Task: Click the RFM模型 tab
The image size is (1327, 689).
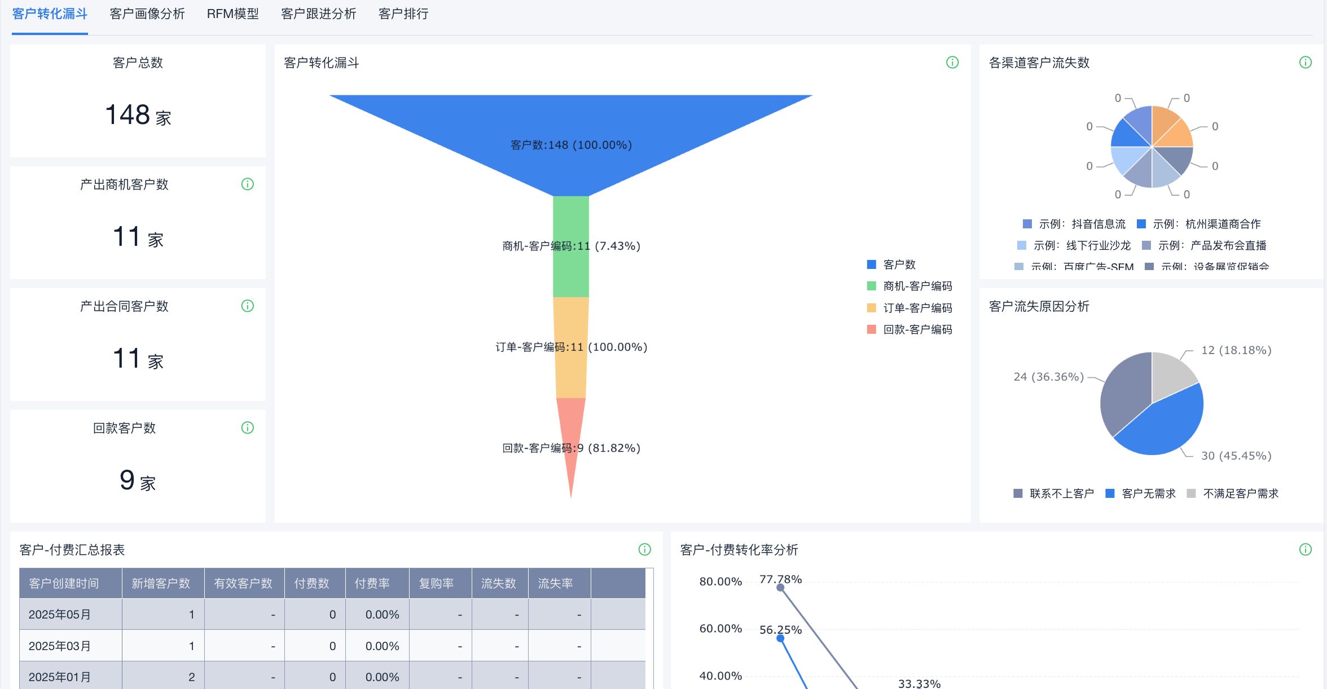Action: pos(232,14)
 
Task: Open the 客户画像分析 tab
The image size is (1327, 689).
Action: pos(147,14)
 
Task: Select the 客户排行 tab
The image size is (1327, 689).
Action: pos(403,14)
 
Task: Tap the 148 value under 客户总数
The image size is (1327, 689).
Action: pos(128,115)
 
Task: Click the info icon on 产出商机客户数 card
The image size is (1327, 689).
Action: pos(248,184)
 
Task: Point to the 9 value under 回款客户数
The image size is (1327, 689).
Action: pos(128,481)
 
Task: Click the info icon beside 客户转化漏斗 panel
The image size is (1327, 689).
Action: pos(952,63)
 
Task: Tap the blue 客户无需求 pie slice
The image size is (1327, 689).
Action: pos(1162,423)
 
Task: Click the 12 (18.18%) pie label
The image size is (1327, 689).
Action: pos(1236,350)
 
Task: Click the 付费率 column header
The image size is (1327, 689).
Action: pos(372,584)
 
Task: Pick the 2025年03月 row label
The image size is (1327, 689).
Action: pos(60,646)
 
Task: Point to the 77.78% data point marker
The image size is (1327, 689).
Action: pos(780,588)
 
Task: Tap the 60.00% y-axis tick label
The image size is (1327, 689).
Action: pos(720,629)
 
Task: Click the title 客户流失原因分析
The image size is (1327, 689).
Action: pos(1039,306)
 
